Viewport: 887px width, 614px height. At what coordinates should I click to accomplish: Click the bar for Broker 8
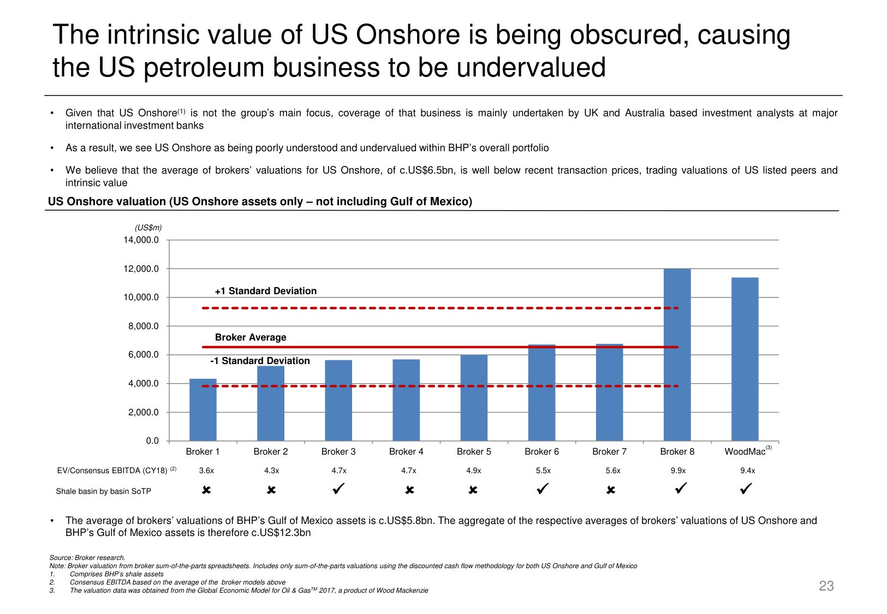pos(677,355)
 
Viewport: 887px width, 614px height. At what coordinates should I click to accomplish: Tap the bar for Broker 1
pos(203,410)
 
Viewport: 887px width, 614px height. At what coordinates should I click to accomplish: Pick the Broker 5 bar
pos(474,398)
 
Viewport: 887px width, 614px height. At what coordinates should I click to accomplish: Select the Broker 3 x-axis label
pos(338,451)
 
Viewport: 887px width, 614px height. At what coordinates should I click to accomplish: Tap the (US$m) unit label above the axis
pos(148,228)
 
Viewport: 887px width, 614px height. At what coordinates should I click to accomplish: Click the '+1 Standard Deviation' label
pos(266,291)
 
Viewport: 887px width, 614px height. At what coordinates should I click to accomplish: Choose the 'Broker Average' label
pos(251,337)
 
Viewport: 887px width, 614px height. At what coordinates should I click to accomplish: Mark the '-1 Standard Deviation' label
pos(260,361)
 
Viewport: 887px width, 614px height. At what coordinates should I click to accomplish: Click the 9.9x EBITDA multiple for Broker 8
pos(678,470)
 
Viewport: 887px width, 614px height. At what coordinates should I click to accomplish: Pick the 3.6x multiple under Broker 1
pos(206,470)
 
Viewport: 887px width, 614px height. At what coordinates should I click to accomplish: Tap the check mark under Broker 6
pos(542,489)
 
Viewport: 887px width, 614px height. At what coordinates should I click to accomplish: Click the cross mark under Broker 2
pos(271,490)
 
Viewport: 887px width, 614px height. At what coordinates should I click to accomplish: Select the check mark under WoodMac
pos(746,489)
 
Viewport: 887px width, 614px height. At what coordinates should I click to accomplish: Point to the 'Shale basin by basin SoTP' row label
pos(103,491)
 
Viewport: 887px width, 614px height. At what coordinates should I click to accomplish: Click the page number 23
pos(826,586)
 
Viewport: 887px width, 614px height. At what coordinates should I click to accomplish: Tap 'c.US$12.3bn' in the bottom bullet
pos(281,533)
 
